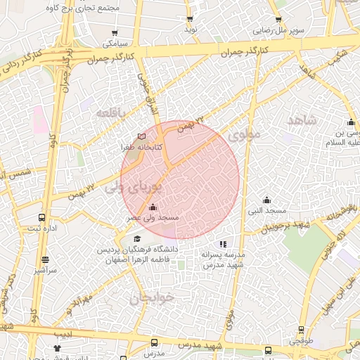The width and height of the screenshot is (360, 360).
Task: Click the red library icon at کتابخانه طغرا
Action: (143, 136)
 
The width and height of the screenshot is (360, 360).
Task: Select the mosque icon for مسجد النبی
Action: (266, 200)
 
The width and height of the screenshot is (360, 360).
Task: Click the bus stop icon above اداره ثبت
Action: (41, 218)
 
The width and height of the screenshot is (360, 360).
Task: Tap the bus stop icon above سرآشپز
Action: (45, 259)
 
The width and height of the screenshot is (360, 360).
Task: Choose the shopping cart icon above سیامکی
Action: (115, 32)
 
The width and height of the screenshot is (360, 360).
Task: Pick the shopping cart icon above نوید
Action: (191, 19)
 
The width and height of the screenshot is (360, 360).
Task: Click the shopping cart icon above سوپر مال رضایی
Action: (278, 20)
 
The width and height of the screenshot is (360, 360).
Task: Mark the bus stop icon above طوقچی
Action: (301, 330)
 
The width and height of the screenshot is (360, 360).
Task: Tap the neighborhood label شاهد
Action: (302, 120)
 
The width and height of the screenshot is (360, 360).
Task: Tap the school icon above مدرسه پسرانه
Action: (224, 243)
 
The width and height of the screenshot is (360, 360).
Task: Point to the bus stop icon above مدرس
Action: (154, 342)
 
